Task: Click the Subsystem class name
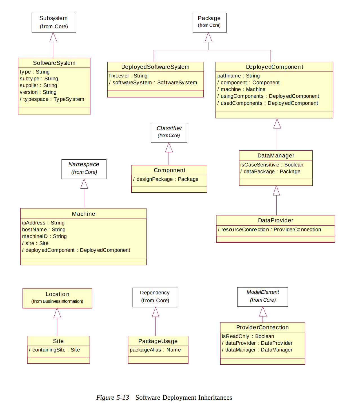tap(54, 18)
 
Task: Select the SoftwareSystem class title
tap(54, 63)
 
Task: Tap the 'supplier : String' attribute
tap(38, 85)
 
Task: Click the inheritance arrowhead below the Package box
tap(208, 37)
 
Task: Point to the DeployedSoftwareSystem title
tap(155, 67)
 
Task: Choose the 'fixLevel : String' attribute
tap(128, 76)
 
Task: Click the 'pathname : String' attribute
tap(238, 76)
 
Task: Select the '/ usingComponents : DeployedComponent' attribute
tap(268, 96)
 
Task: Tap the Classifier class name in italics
tap(169, 128)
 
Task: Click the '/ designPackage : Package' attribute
tap(166, 179)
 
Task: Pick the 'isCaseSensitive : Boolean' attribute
tap(272, 165)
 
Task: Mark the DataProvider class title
tap(275, 220)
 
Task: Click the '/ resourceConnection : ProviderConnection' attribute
tap(269, 230)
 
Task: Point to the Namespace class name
tap(84, 164)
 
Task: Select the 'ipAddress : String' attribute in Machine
tap(43, 223)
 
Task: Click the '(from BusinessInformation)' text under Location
tap(57, 301)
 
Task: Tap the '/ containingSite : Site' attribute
tap(54, 350)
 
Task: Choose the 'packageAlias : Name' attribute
tap(155, 350)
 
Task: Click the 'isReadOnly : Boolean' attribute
tap(248, 336)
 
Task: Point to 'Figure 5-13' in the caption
tap(112, 398)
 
